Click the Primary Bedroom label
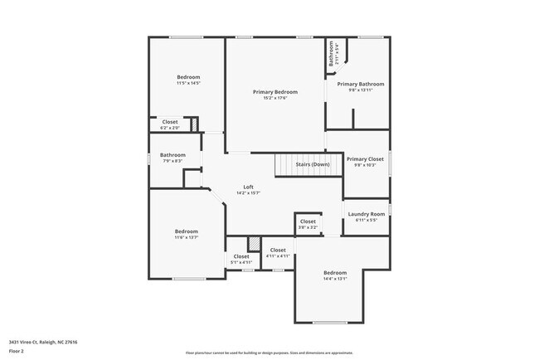(x=275, y=91)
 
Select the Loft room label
(x=248, y=186)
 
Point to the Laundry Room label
(x=367, y=213)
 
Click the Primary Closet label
(x=365, y=158)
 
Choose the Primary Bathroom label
(x=360, y=84)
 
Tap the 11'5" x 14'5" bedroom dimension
(x=188, y=84)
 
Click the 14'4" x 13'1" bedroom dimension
(x=335, y=279)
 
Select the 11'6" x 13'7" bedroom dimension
(x=186, y=237)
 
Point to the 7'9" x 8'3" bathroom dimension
(x=172, y=161)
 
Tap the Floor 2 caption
(x=17, y=351)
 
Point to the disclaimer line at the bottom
(x=269, y=353)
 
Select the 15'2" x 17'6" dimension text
(x=275, y=98)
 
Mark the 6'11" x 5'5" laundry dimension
(x=367, y=220)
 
